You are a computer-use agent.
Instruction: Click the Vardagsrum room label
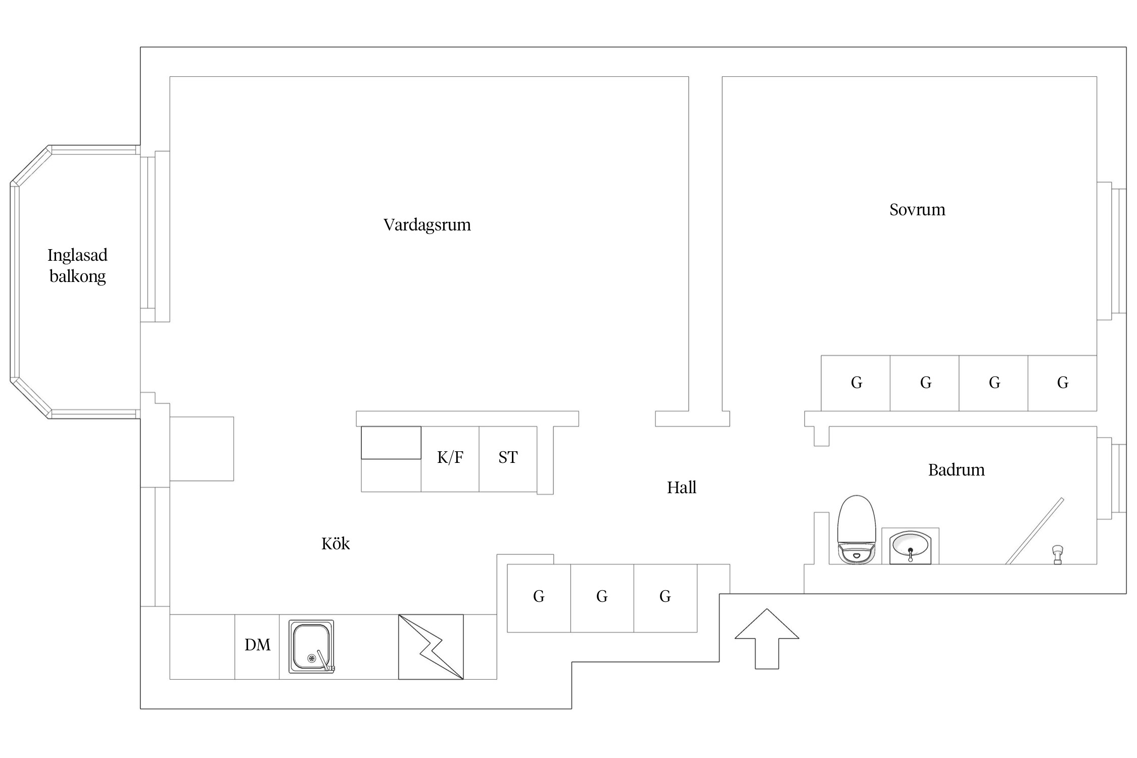[427, 225]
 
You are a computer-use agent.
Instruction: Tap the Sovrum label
[917, 210]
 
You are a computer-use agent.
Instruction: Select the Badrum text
[957, 470]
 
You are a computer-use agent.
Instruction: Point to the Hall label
[682, 487]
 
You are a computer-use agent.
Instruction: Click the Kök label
[336, 543]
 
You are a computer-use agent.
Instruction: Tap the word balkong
[78, 276]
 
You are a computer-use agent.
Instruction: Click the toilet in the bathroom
[857, 529]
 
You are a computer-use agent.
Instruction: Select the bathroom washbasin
[910, 547]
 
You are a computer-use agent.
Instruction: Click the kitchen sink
[311, 647]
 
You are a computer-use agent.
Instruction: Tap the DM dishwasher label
[257, 645]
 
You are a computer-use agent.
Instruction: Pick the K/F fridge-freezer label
[450, 457]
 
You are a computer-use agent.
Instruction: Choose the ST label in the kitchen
[508, 457]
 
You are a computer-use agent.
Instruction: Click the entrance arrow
[767, 639]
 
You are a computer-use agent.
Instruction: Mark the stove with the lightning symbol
[431, 647]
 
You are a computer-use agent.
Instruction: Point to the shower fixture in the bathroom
[1057, 554]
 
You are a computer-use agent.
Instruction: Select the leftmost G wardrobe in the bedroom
[856, 383]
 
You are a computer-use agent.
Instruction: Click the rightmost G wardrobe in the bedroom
[1062, 383]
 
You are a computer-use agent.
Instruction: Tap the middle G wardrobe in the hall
[602, 598]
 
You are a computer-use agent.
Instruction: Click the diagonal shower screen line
[1034, 531]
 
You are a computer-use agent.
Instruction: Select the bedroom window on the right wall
[1112, 251]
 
